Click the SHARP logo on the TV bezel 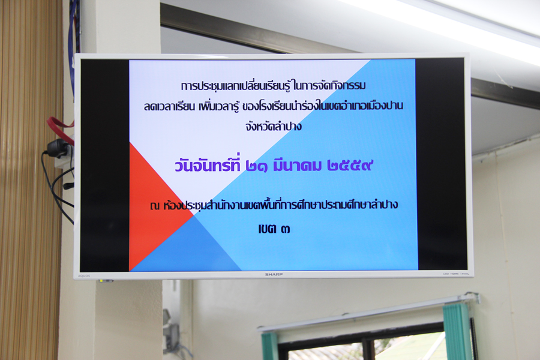pyautogui.click(x=274, y=274)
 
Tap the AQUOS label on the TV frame pyautogui.click(x=83, y=276)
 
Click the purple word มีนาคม pyautogui.click(x=297, y=166)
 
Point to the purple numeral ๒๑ pyautogui.click(x=257, y=166)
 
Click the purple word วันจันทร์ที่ pyautogui.click(x=208, y=164)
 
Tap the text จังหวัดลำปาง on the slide pyautogui.click(x=274, y=127)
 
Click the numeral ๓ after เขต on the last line pyautogui.click(x=285, y=229)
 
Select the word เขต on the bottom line pyautogui.click(x=267, y=229)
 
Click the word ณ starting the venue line pyautogui.click(x=155, y=206)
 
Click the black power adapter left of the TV pyautogui.click(x=58, y=148)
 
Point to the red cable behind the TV pyautogui.click(x=59, y=124)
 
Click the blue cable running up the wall pyautogui.click(x=72, y=41)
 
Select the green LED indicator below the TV pyautogui.click(x=101, y=281)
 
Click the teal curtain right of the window pyautogui.click(x=457, y=331)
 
